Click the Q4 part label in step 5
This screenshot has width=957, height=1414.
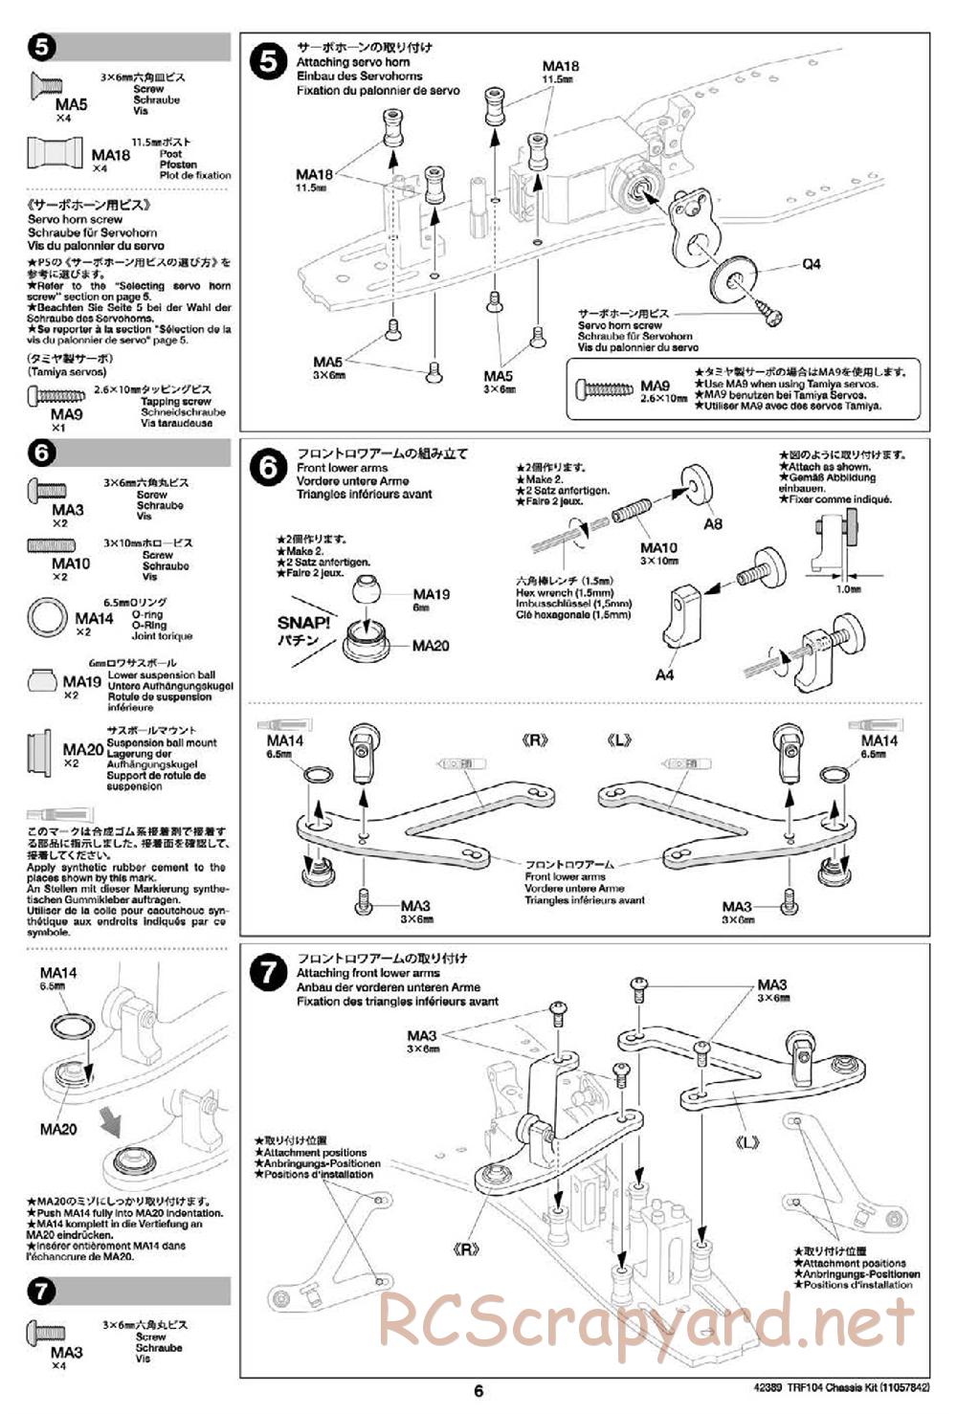(x=812, y=264)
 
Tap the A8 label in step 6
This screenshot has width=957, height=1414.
(x=713, y=524)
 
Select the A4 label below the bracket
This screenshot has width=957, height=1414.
(x=664, y=674)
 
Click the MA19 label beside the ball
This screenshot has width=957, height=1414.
(x=431, y=594)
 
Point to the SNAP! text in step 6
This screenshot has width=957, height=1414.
(x=303, y=622)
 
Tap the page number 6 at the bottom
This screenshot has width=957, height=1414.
(x=479, y=1391)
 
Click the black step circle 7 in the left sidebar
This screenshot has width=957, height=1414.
(x=42, y=1292)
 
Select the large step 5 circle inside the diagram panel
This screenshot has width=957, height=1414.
(x=267, y=62)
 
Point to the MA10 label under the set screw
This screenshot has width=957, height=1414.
(x=658, y=548)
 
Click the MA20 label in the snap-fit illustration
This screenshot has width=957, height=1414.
(x=431, y=646)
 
